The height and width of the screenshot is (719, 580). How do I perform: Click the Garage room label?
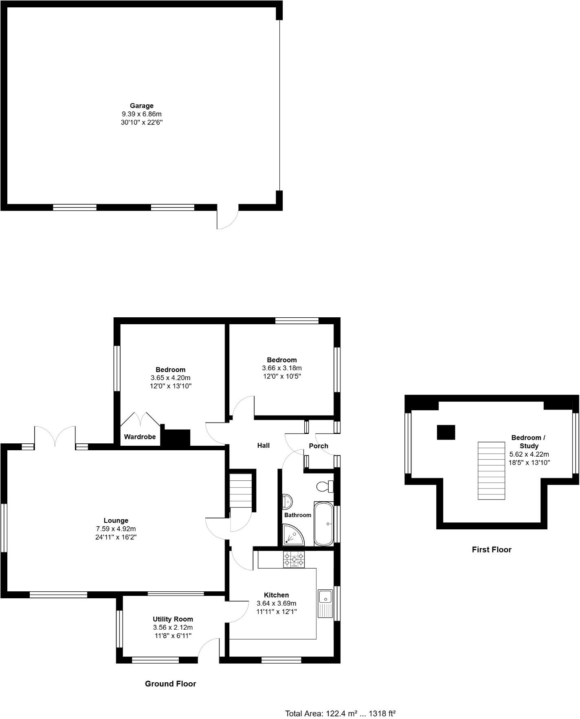pos(142,106)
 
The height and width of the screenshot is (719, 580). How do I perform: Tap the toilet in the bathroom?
pos(325,486)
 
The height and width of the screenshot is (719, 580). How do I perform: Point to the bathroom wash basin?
pos(287,501)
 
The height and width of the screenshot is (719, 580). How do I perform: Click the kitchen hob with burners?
pos(294,559)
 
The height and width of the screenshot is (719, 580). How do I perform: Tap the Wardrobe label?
pos(140,437)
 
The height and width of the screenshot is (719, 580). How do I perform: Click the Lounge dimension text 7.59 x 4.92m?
pos(116,529)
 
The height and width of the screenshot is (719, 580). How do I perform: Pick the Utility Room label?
pos(173,619)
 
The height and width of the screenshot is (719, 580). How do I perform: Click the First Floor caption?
pos(492,550)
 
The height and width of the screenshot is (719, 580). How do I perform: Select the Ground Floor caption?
pos(170,684)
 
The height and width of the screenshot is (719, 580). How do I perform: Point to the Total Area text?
pos(340,714)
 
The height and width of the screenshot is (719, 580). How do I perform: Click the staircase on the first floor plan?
pos(491,470)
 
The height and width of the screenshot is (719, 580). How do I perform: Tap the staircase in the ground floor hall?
pos(242,490)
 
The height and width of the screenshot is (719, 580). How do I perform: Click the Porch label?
pos(319,446)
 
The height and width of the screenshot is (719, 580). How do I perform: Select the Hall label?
pos(264,445)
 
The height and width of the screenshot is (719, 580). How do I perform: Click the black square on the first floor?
pos(446,432)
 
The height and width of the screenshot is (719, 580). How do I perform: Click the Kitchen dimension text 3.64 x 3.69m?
pos(276,604)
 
